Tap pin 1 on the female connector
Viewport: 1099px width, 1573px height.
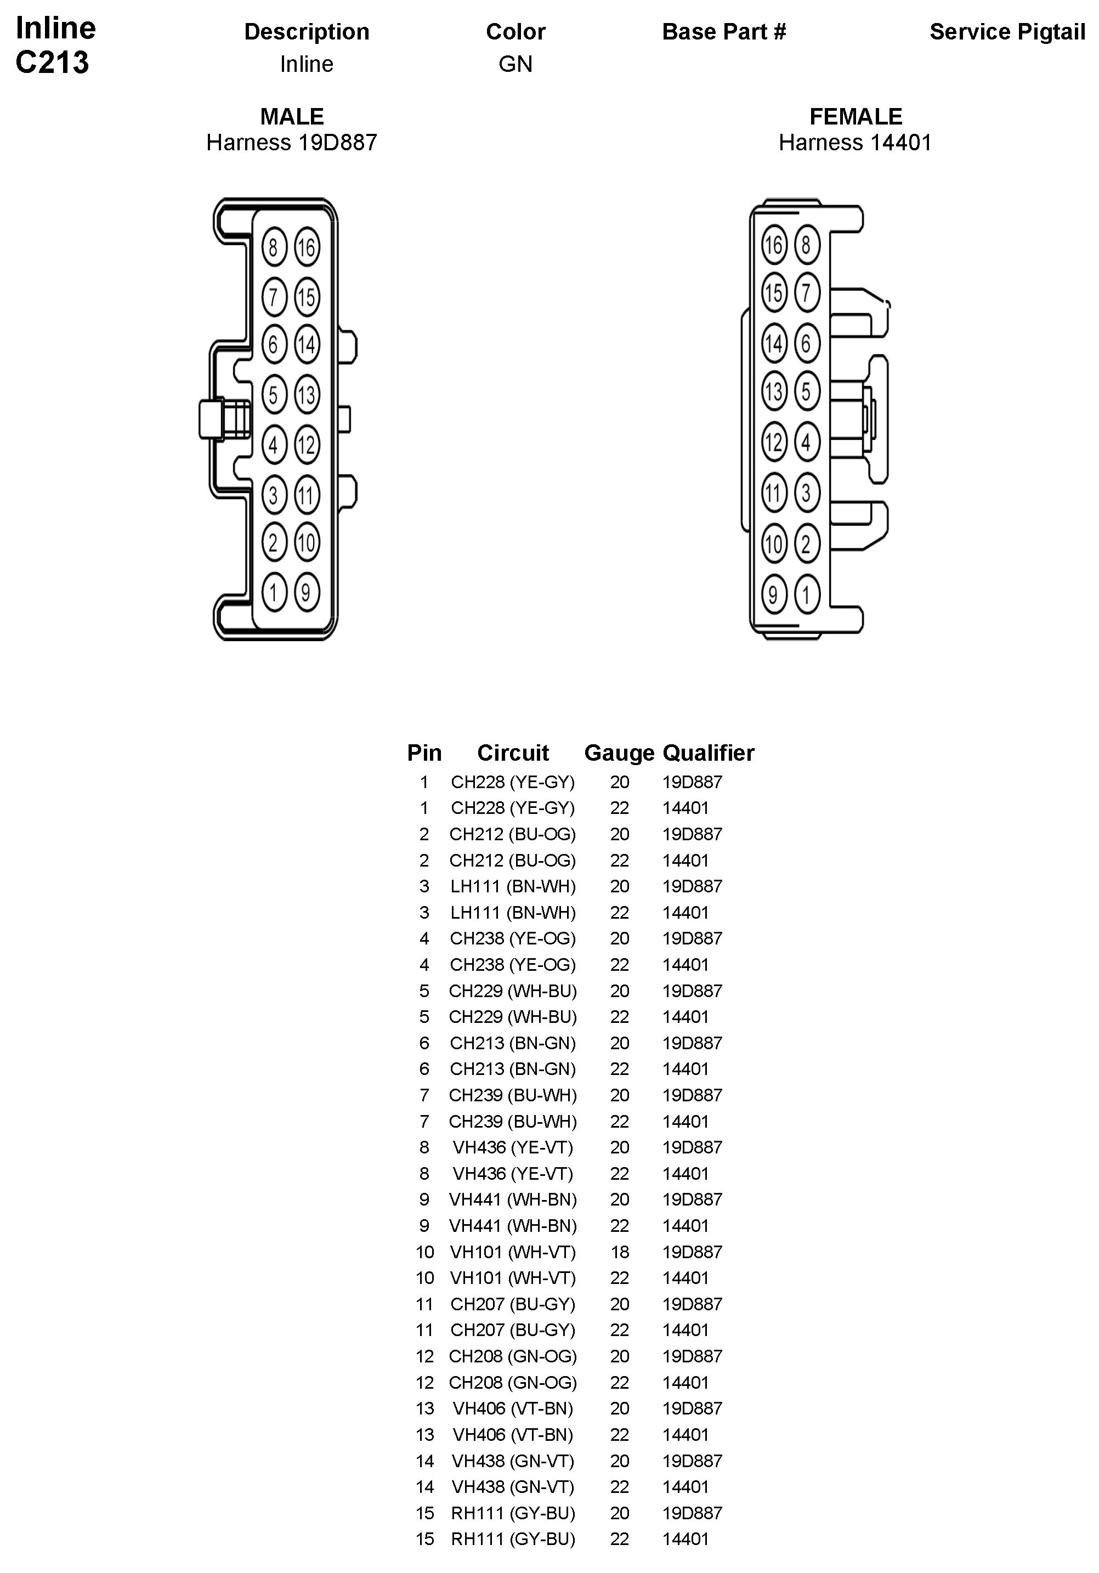tap(807, 594)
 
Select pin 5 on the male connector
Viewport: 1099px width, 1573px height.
tap(274, 394)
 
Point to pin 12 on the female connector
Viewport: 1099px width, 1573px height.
tap(774, 442)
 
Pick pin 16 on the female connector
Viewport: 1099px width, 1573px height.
tap(774, 245)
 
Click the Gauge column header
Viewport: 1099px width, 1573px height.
tap(619, 753)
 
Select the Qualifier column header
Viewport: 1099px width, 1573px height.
tap(708, 753)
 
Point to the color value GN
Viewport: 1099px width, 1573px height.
tap(515, 64)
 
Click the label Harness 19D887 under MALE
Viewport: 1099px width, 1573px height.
tap(292, 143)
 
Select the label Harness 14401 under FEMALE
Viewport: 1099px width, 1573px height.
tap(855, 143)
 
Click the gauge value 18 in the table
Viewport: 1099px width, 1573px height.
tap(619, 1252)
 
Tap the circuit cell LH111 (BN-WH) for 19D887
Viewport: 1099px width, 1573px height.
tap(513, 886)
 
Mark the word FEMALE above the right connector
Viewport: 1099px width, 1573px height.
tap(856, 116)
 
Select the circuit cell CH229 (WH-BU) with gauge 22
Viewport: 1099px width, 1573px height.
tap(513, 1017)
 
